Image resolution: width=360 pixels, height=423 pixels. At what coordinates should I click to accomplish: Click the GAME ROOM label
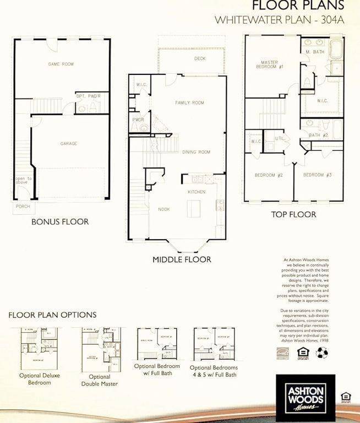click(61, 64)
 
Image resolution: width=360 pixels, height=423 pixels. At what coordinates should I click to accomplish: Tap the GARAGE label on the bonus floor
click(68, 144)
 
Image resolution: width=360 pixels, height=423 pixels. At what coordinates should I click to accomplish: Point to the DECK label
click(200, 58)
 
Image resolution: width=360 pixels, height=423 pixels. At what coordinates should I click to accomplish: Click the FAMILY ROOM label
click(189, 103)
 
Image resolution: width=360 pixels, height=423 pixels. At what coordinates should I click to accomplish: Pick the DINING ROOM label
click(197, 152)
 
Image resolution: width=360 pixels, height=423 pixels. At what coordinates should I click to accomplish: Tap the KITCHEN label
click(197, 192)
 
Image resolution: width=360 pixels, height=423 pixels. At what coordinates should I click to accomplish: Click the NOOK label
click(163, 209)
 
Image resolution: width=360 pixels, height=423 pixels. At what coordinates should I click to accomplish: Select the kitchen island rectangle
click(193, 209)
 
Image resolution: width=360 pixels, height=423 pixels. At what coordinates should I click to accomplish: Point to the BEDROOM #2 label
click(269, 175)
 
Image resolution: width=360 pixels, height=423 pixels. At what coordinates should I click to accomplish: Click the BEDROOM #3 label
click(318, 175)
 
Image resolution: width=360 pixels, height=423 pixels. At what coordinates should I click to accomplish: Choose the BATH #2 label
click(318, 135)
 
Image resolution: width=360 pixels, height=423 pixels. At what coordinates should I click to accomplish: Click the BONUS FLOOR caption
click(60, 221)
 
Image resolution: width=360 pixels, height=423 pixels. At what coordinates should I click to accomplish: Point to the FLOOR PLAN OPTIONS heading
click(52, 314)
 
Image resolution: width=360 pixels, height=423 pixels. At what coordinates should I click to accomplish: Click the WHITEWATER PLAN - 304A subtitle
click(280, 19)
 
